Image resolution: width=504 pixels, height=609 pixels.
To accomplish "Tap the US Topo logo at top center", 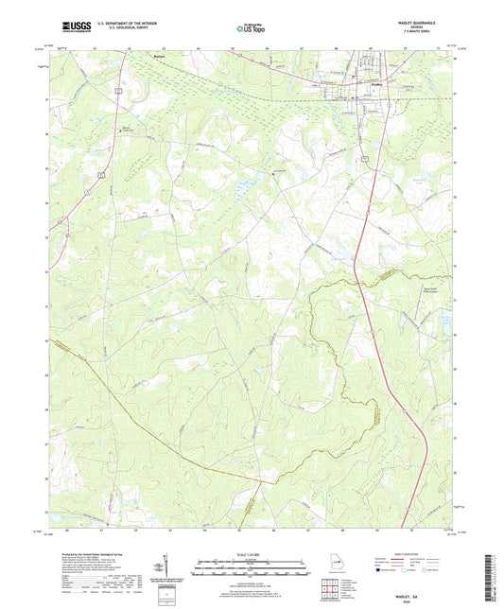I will click(x=251, y=28).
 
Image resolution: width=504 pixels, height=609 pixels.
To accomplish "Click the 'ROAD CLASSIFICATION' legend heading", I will click(x=389, y=556).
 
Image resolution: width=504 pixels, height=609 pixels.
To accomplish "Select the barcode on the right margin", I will click(x=495, y=567).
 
